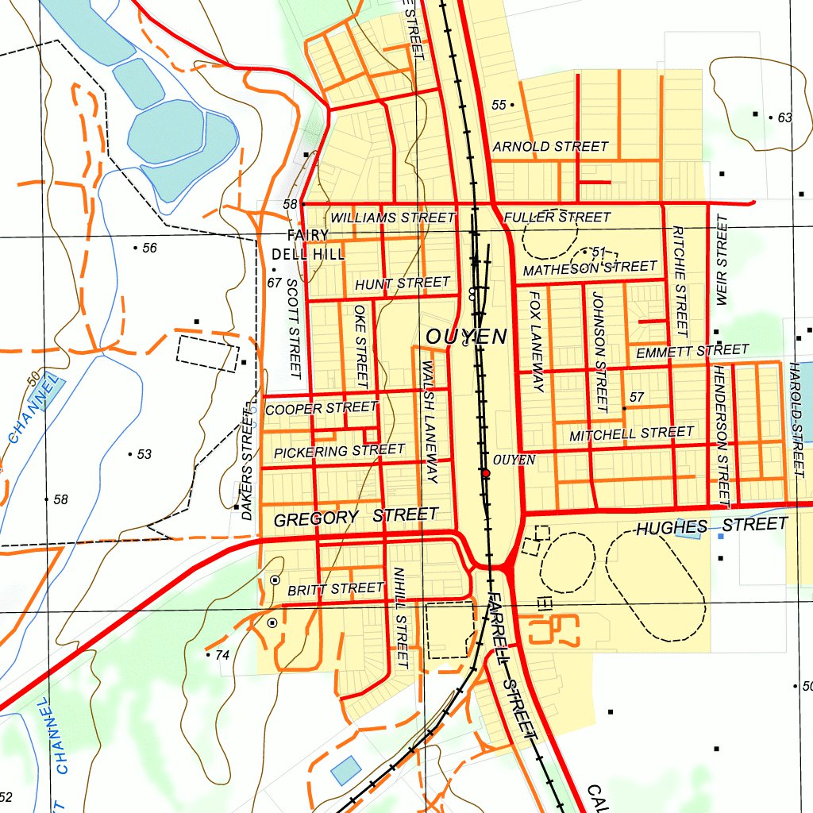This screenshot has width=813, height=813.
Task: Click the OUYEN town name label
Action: click(x=466, y=337)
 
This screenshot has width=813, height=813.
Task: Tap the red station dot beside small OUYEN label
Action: click(x=486, y=473)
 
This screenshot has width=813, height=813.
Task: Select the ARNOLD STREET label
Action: click(x=549, y=147)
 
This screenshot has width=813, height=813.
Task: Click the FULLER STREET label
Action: click(x=557, y=217)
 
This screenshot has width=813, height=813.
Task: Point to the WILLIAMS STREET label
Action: click(x=393, y=218)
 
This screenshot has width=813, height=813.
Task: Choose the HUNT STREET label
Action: click(x=403, y=283)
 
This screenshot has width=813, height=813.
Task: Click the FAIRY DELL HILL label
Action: click(x=307, y=245)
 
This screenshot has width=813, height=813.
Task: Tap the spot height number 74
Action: click(x=222, y=655)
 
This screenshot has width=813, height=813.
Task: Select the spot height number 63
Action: click(x=784, y=118)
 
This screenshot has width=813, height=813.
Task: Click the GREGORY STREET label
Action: click(x=355, y=518)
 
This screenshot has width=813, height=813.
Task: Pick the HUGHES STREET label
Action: click(x=711, y=526)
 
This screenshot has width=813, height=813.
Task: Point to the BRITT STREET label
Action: click(x=336, y=589)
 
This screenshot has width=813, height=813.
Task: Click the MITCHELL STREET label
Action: click(x=631, y=433)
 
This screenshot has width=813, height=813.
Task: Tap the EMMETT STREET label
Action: click(x=692, y=351)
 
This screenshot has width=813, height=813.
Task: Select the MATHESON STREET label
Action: click(x=590, y=268)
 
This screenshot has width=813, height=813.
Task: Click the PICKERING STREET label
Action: click(x=339, y=451)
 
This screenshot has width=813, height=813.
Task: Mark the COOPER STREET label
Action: click(x=321, y=409)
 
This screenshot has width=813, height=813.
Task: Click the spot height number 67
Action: click(x=275, y=283)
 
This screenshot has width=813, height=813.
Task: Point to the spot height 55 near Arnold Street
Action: click(x=499, y=105)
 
